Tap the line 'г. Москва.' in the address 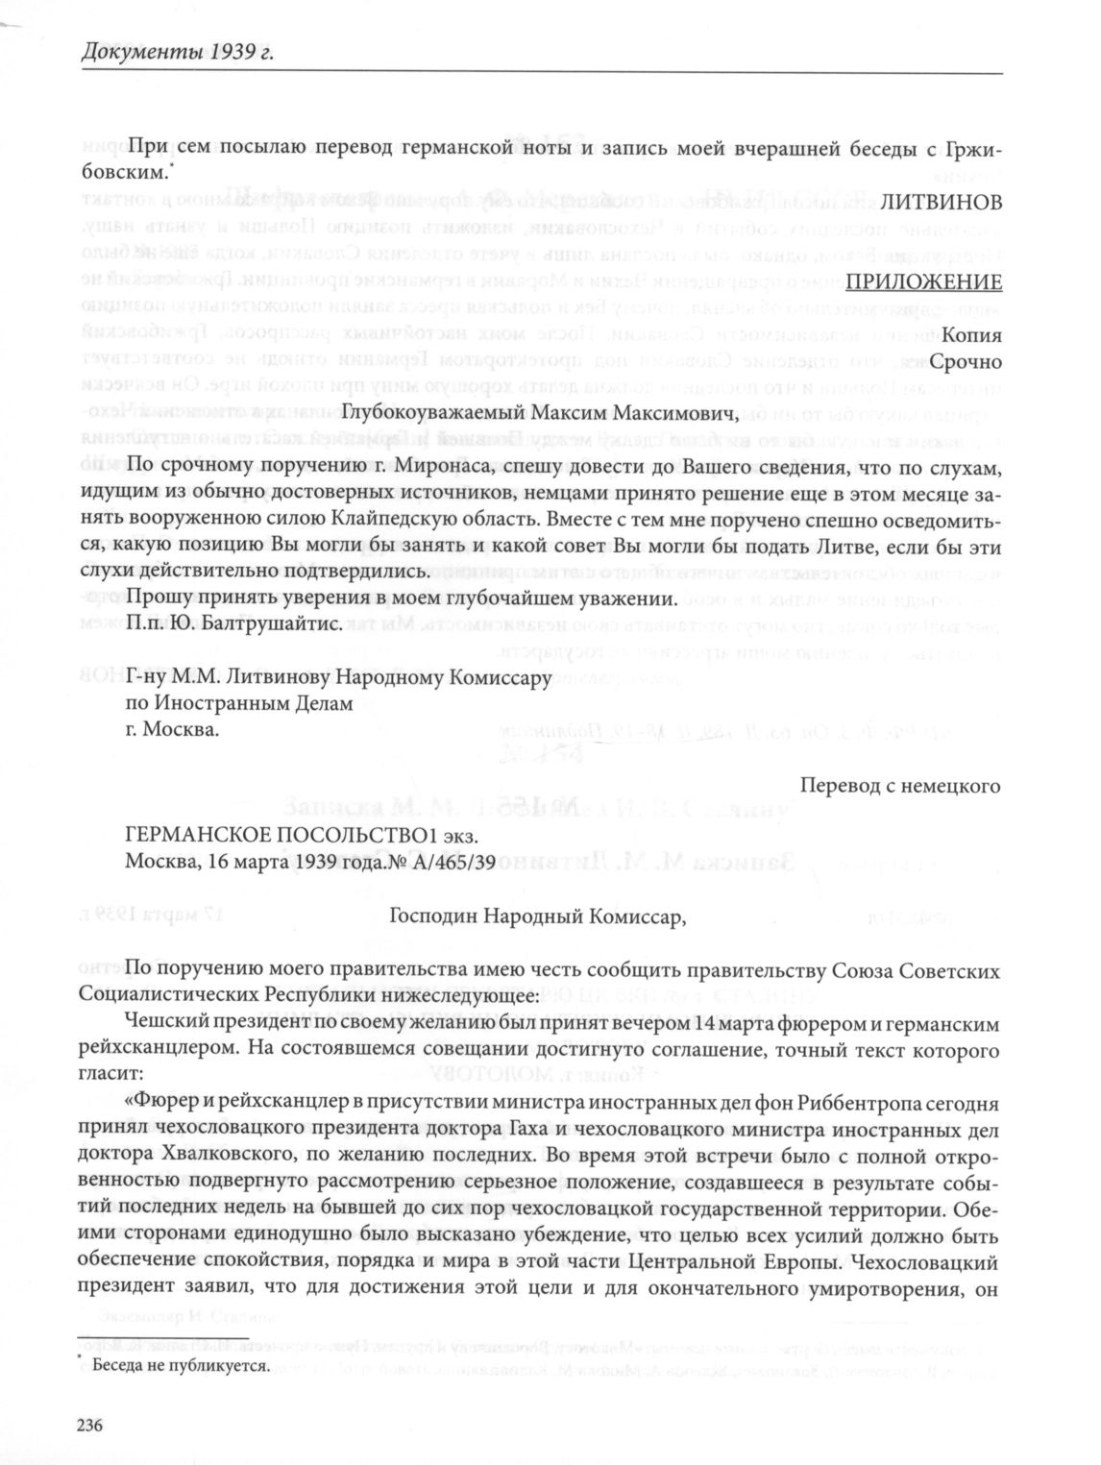(173, 729)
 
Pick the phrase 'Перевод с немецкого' (901, 786)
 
